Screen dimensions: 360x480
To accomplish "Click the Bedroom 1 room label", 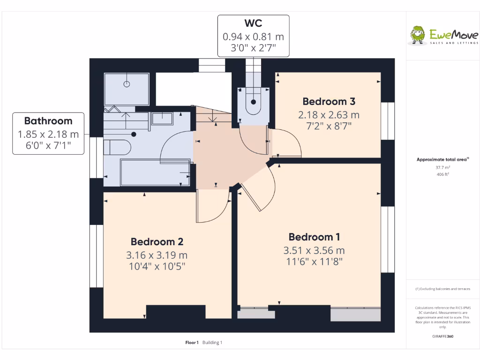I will (x=314, y=237).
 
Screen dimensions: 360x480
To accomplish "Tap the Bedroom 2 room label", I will (x=157, y=242).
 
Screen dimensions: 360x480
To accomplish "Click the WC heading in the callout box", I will (x=253, y=23).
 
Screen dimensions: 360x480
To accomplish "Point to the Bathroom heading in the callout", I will (x=48, y=121).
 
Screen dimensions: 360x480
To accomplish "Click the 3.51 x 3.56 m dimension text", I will (x=314, y=250).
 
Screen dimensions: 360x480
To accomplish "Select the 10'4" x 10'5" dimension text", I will (x=157, y=267).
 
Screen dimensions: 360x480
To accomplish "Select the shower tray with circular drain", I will (x=127, y=89).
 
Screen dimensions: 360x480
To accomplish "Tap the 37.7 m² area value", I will (x=442, y=167).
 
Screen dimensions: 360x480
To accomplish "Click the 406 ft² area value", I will (x=442, y=174).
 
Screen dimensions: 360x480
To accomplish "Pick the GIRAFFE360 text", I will (x=442, y=336).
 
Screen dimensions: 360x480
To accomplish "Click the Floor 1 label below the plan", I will (x=192, y=343).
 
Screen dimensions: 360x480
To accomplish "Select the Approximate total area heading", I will (x=442, y=159).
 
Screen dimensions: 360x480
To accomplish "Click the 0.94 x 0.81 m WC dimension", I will (x=253, y=37).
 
